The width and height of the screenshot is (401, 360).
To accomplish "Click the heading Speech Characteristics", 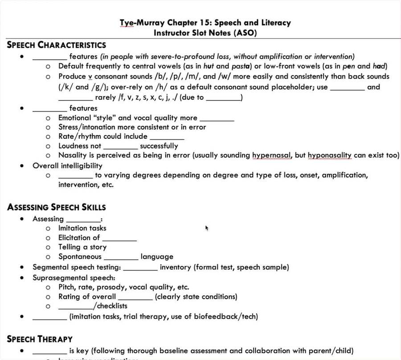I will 57,45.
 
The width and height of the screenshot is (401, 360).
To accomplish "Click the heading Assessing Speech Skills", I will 57,207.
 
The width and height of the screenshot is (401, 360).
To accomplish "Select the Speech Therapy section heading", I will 40,339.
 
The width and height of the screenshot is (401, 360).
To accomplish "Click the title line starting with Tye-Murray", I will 205,23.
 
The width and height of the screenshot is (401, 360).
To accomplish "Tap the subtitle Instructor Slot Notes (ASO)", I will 205,33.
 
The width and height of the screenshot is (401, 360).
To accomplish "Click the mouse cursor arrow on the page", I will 207,228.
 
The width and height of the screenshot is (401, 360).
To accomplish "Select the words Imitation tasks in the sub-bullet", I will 82,228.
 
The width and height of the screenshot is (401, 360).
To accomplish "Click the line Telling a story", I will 82,247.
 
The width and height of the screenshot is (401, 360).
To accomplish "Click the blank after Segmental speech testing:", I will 140,268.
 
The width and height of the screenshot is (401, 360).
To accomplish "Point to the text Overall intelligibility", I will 67,166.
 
